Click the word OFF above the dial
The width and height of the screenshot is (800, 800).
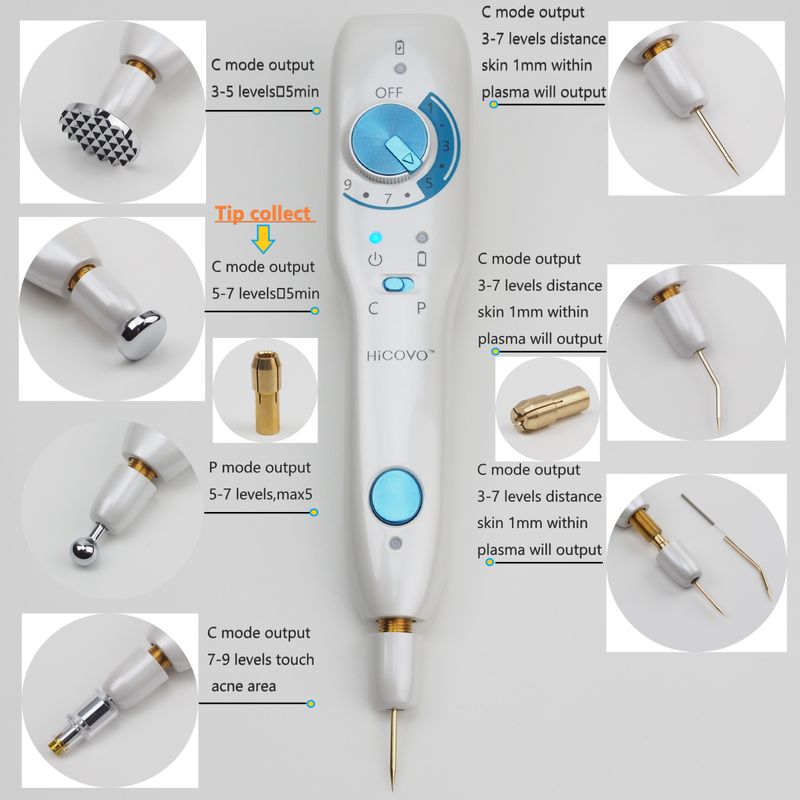[389, 93]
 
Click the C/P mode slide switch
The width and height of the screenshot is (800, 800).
[398, 284]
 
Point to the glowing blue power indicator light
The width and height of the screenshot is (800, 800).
[376, 238]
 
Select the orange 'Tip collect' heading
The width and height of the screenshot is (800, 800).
[263, 213]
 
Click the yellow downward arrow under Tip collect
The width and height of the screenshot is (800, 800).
[263, 239]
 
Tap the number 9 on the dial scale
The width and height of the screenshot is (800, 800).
[347, 184]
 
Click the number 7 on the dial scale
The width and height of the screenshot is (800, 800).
[388, 198]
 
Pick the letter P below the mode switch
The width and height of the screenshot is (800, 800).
[421, 308]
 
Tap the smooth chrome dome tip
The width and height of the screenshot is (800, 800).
[140, 335]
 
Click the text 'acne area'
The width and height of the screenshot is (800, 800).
[243, 686]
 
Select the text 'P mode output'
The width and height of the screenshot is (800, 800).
[260, 468]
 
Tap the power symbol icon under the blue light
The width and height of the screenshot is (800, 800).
[376, 259]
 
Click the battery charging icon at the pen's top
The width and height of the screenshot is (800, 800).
[400, 47]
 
